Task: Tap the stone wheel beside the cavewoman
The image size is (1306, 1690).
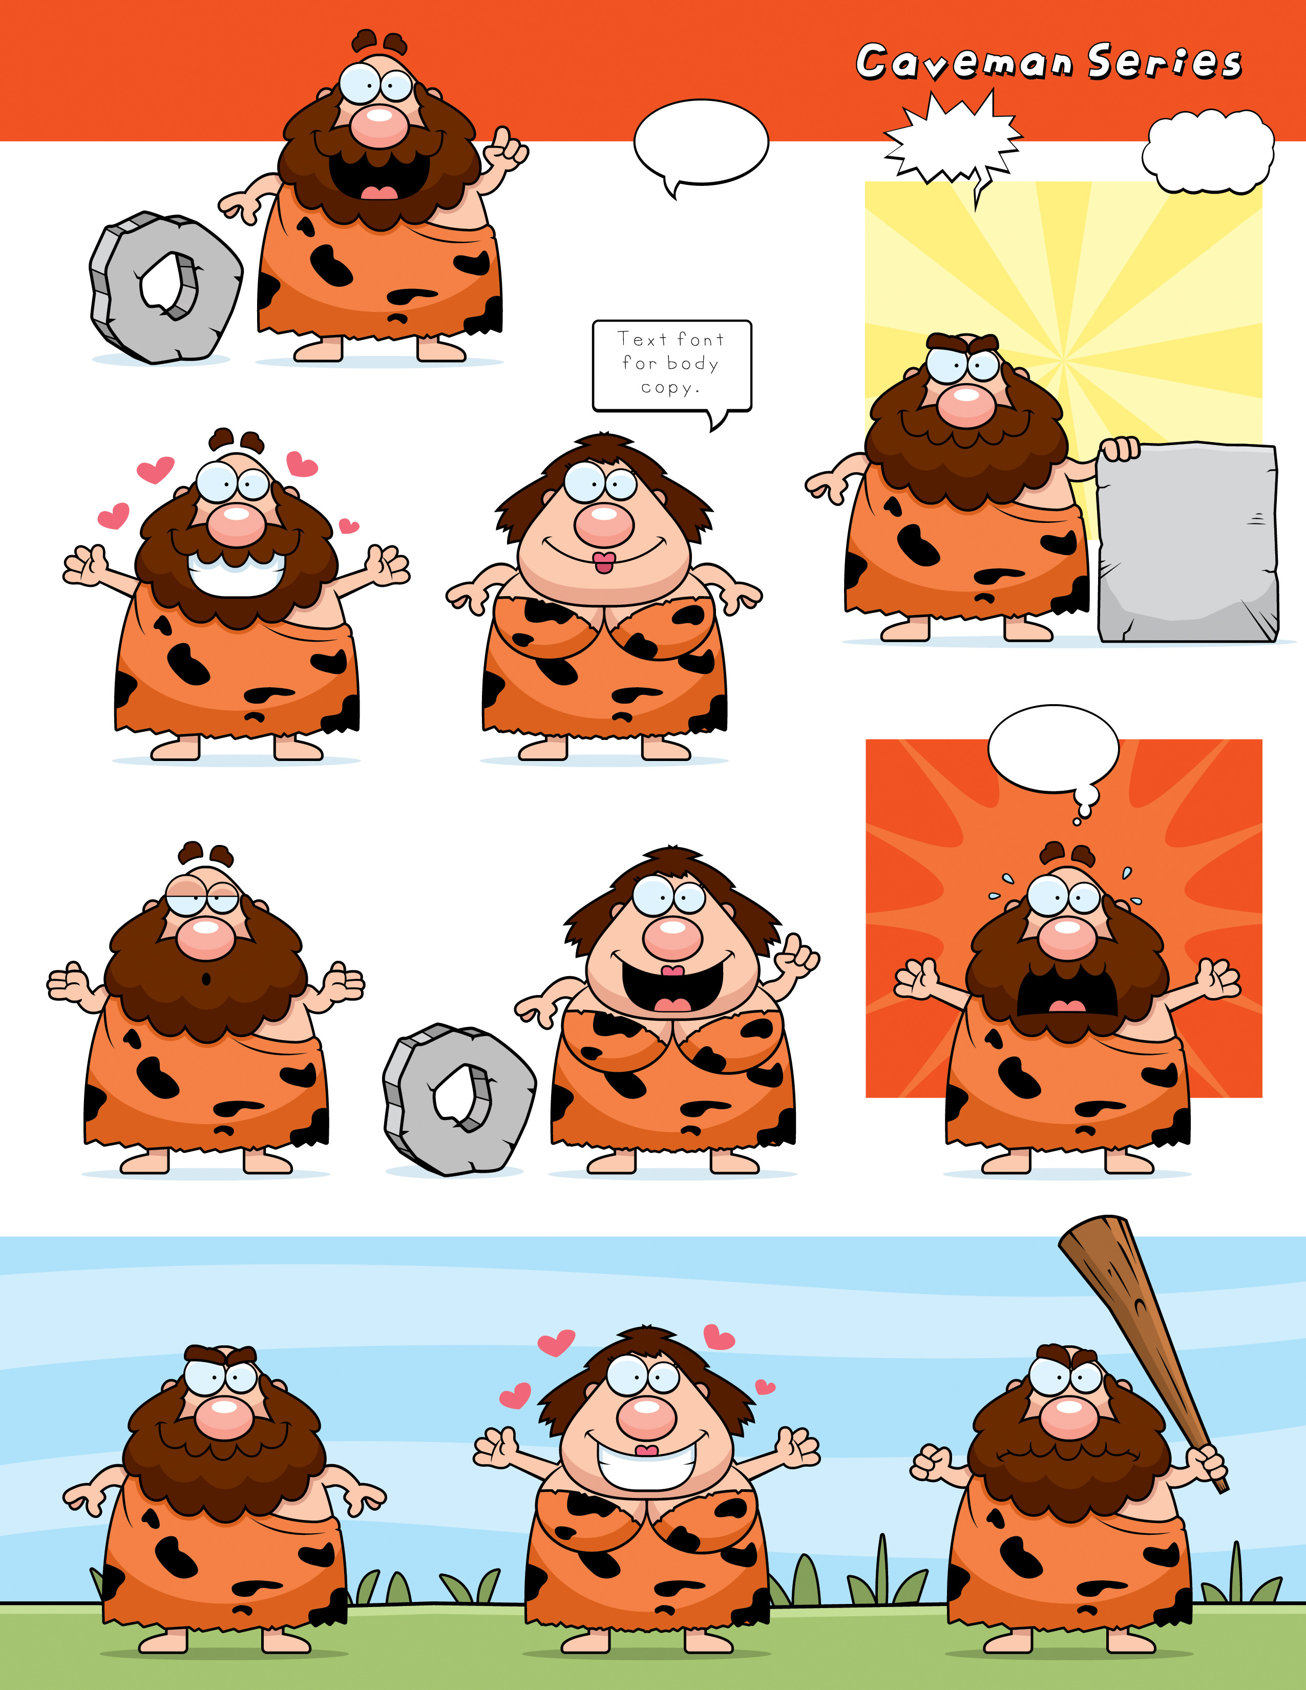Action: pyautogui.click(x=459, y=1100)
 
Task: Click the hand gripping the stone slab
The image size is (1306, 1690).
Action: pyautogui.click(x=1120, y=448)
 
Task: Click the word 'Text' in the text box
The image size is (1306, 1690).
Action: pyautogui.click(x=642, y=339)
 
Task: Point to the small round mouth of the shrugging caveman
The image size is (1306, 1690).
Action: pyautogui.click(x=206, y=980)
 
